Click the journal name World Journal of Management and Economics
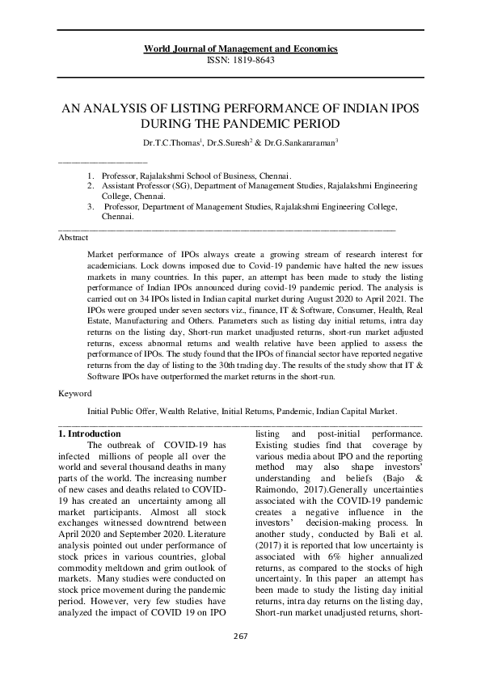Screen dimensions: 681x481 click(240, 49)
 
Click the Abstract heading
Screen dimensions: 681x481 click(75, 238)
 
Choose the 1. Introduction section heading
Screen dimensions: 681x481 click(91, 434)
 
